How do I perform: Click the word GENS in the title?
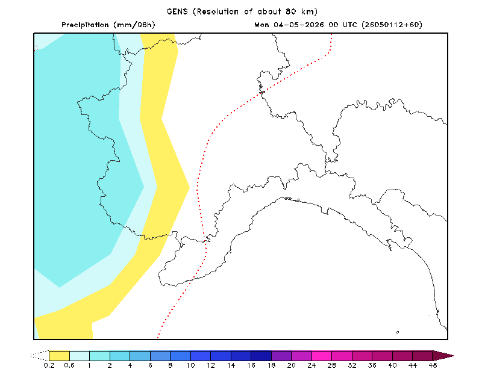(x=177, y=11)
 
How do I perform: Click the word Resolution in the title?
(x=218, y=11)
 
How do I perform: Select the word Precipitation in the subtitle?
(x=85, y=25)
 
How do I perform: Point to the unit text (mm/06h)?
(x=134, y=25)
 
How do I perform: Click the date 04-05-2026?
(x=298, y=25)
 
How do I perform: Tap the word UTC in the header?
(x=350, y=25)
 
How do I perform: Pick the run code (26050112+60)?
(x=392, y=25)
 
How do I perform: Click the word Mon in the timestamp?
(x=261, y=25)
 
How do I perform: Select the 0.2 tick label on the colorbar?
(x=49, y=365)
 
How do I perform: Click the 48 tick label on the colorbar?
(x=433, y=365)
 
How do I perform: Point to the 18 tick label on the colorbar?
(x=271, y=365)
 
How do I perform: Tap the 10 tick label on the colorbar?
(x=190, y=365)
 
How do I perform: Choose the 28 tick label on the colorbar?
(x=332, y=365)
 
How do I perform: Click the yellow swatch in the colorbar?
(x=59, y=356)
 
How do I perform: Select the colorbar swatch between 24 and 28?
(x=322, y=356)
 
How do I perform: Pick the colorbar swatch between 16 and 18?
(x=261, y=356)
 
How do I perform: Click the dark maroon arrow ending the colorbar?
(x=443, y=356)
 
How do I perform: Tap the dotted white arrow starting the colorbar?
(x=40, y=356)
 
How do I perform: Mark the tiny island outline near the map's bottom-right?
(x=398, y=332)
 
